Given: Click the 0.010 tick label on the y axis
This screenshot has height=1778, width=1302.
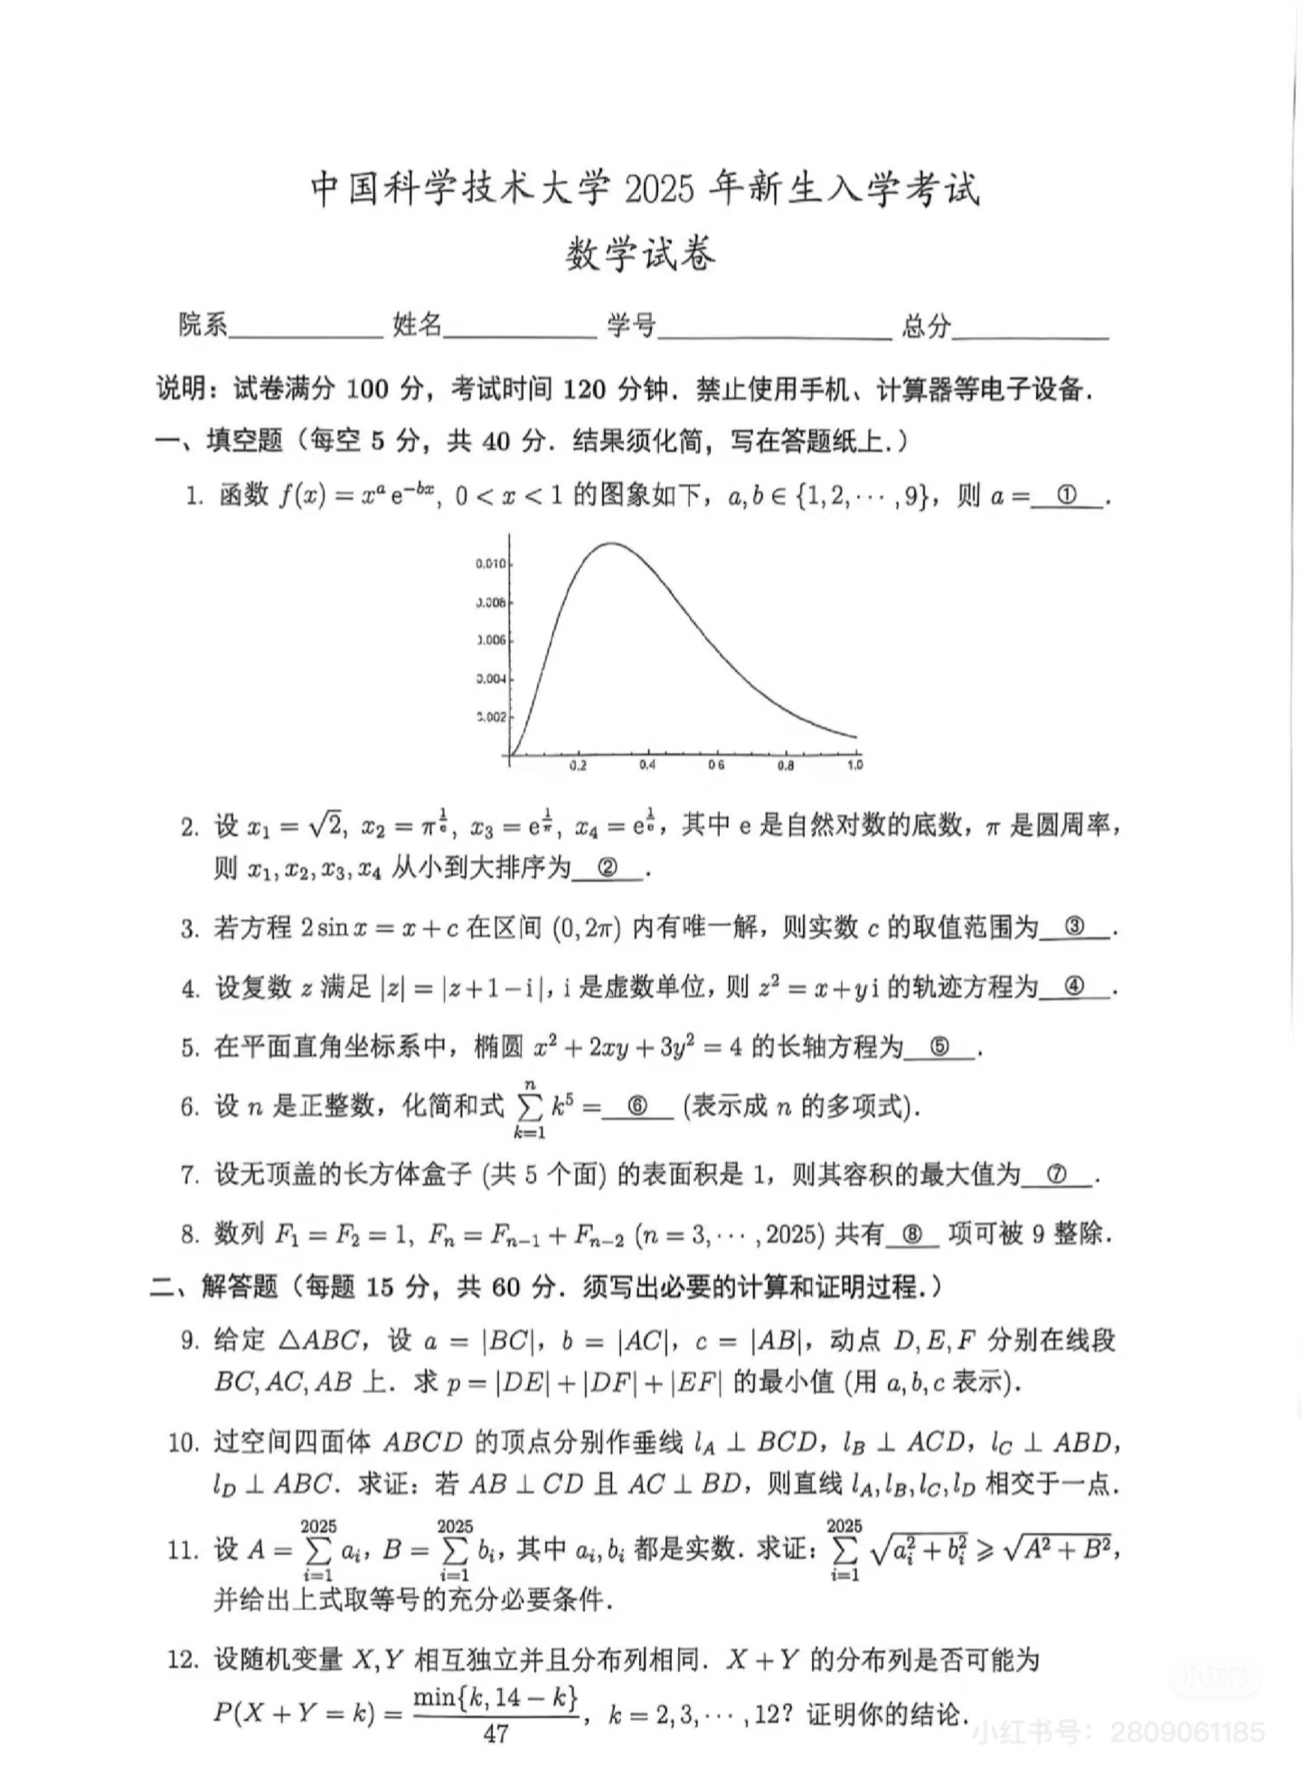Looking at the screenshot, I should pos(491,564).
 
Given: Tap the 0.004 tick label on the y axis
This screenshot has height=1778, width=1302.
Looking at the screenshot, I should pos(491,679).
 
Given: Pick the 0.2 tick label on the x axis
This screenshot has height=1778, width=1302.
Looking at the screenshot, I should pos(578,766).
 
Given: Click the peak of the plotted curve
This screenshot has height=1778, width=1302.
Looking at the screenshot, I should pos(612,544).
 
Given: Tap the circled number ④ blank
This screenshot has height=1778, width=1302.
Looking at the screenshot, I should pos(1074,988).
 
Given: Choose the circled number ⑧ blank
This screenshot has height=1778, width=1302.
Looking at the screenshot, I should pos(912,1234).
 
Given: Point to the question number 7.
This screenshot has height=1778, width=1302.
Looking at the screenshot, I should pos(189,1176).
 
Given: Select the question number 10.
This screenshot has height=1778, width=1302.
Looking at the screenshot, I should pos(184,1443).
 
